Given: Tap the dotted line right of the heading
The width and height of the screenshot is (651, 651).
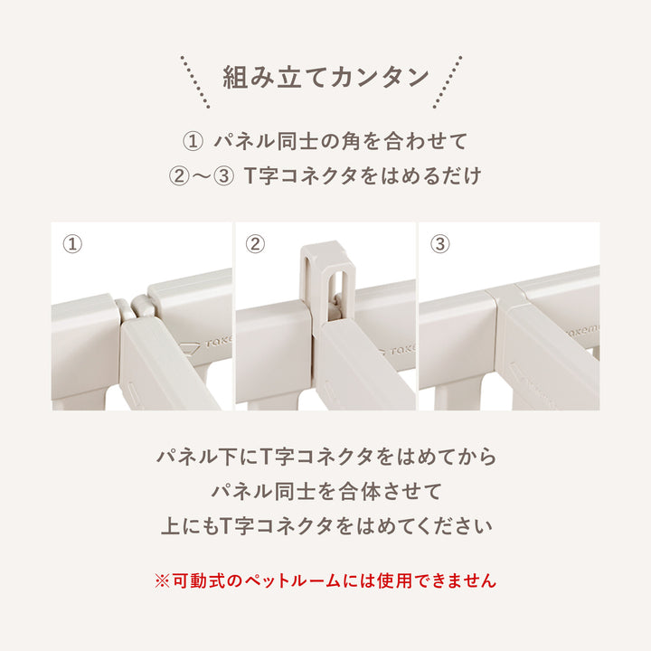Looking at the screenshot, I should tap(453, 80).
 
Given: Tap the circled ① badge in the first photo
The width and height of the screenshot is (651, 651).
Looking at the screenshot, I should tap(72, 244).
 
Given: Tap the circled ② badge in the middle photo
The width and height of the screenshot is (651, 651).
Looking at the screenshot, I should tap(256, 244).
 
